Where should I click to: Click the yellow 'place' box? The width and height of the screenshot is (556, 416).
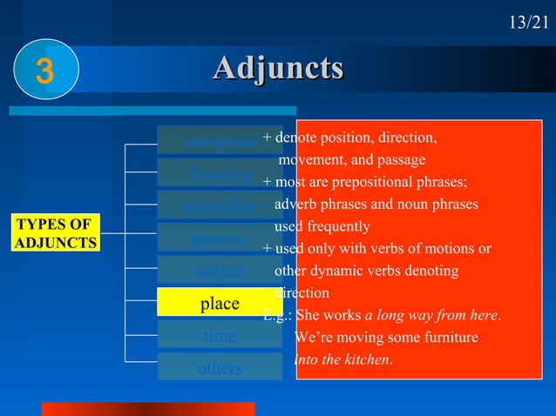(x=219, y=303)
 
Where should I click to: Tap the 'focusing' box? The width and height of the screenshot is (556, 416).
(x=209, y=173)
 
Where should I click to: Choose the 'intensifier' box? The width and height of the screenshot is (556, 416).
(x=209, y=205)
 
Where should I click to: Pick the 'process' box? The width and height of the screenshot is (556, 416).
(x=209, y=238)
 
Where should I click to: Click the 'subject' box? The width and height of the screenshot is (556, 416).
(x=219, y=271)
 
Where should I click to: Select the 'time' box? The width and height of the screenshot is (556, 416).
(x=219, y=335)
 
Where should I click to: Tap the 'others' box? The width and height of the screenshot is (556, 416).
(x=219, y=367)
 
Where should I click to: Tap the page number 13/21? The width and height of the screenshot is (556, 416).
(x=528, y=22)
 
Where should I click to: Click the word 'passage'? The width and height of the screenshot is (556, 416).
(x=401, y=160)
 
